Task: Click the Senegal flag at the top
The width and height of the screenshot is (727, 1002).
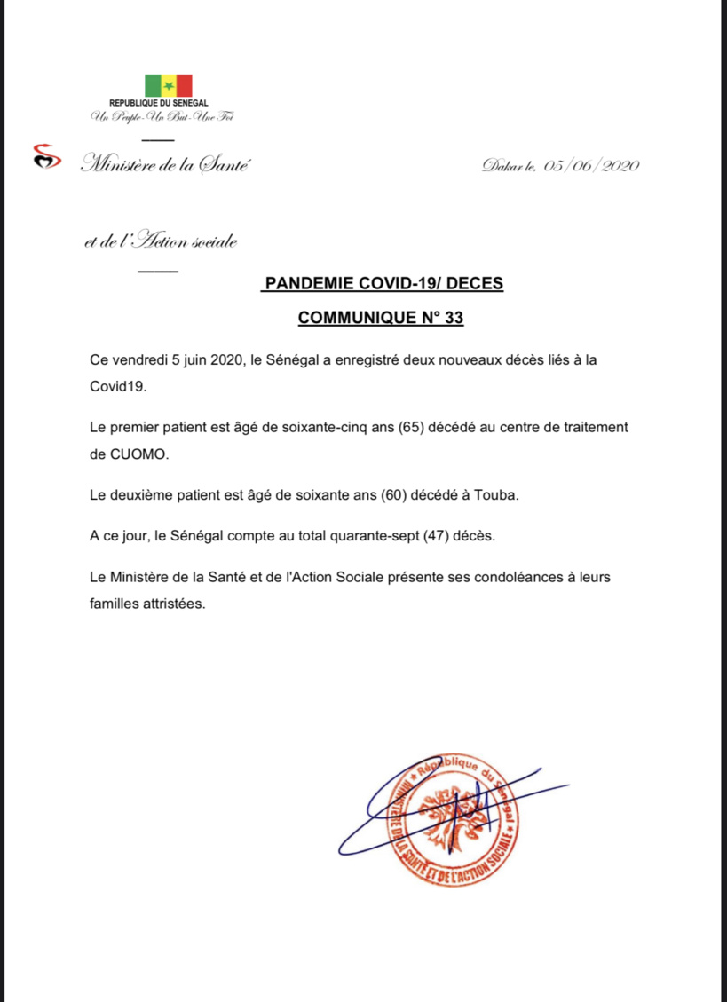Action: pyautogui.click(x=168, y=86)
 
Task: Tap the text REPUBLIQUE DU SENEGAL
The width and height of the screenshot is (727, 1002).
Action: pyautogui.click(x=158, y=104)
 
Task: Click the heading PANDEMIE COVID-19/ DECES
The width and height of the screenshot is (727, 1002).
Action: pyautogui.click(x=383, y=284)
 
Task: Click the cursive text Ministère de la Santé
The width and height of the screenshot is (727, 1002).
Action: pyautogui.click(x=165, y=163)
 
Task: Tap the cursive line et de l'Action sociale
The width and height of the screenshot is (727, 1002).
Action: pyautogui.click(x=161, y=241)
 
